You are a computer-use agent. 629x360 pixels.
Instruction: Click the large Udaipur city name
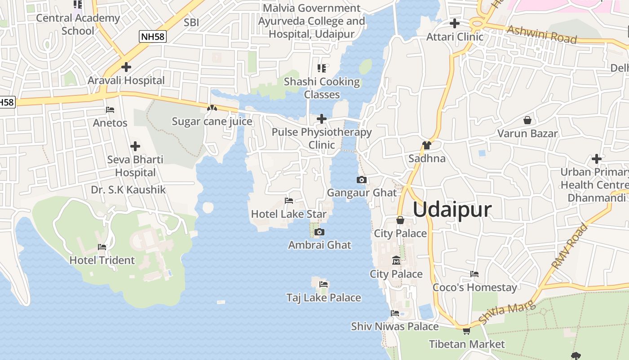point(452,210)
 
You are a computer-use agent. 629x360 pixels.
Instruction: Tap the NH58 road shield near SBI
point(152,37)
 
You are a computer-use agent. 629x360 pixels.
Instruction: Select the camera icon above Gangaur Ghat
point(361,180)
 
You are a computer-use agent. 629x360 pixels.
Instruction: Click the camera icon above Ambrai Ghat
point(319,232)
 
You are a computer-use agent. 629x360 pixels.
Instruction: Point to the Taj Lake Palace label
point(323,297)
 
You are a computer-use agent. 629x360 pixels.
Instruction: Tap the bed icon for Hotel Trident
point(102,247)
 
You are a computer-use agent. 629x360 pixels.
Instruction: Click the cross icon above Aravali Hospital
point(126,67)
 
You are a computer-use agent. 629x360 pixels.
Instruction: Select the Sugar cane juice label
point(212,121)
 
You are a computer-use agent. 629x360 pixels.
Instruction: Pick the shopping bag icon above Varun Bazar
point(527,120)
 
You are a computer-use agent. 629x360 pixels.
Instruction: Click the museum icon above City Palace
point(396,261)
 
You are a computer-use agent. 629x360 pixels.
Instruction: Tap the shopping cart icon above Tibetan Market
point(466,331)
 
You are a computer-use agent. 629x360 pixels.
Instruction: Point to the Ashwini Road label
point(542,34)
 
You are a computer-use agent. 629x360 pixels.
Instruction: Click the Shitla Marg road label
point(507,313)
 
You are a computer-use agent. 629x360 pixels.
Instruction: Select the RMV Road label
point(570,246)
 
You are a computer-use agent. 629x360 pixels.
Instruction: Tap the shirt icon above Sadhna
point(426,145)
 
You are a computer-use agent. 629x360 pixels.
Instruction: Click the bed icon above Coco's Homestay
point(474,274)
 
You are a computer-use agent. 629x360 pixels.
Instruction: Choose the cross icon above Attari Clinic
point(455,23)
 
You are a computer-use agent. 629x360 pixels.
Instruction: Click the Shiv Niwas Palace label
point(395,326)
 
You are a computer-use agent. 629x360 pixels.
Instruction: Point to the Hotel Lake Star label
point(289,214)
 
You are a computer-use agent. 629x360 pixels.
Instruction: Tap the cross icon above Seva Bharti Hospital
point(135,146)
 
